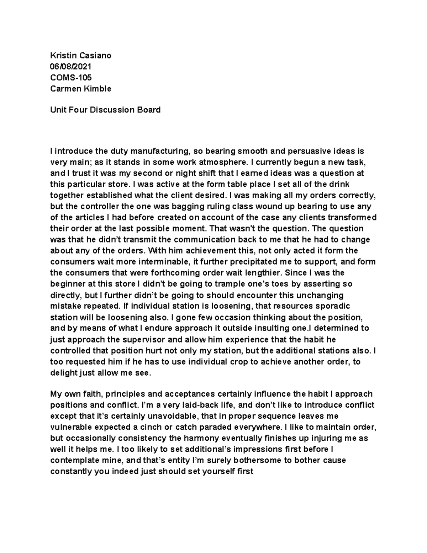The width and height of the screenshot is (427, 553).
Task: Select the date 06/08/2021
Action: (70, 66)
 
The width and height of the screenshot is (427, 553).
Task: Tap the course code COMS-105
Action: (71, 77)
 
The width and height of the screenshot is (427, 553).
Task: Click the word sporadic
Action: (333, 306)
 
